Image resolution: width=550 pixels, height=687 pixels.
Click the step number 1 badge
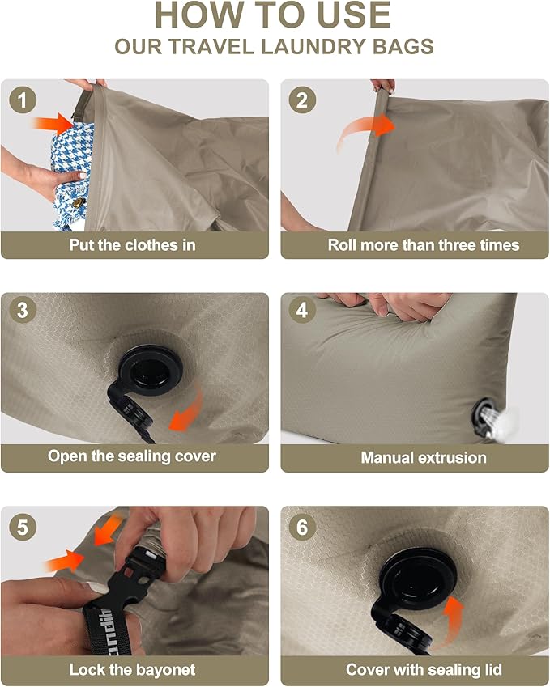click(x=23, y=101)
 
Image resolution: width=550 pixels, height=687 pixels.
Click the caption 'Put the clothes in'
click(x=132, y=244)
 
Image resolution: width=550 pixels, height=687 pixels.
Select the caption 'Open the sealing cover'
click(x=132, y=456)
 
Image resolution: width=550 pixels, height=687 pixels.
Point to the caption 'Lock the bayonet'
click(x=132, y=670)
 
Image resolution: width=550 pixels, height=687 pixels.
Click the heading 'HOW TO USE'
click(x=274, y=16)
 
